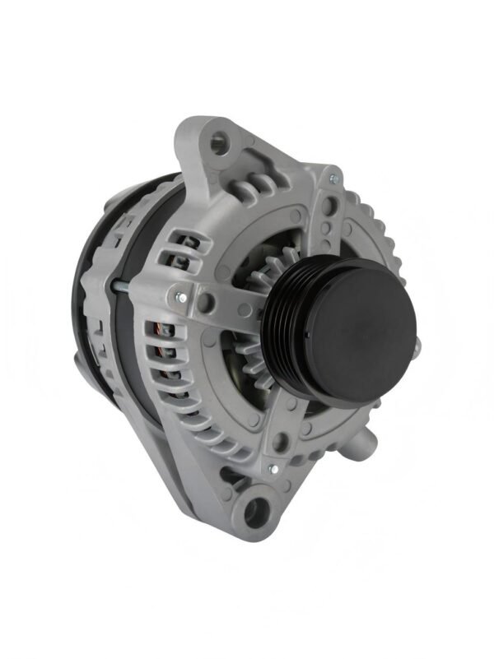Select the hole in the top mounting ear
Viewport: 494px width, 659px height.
coord(218,141)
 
